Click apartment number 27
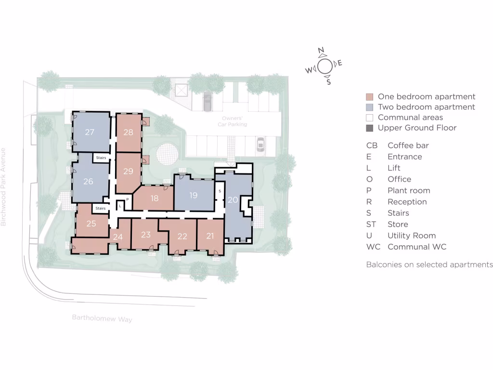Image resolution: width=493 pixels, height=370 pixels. click(x=90, y=132)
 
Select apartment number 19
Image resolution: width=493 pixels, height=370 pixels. click(x=193, y=196)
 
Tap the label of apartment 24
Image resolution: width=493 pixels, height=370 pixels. click(x=118, y=237)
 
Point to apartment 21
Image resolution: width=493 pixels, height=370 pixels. click(x=210, y=236)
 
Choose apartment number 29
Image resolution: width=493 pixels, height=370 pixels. click(x=128, y=171)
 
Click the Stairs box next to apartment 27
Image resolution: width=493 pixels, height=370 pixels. click(x=101, y=158)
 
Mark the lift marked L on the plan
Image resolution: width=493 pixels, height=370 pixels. click(x=120, y=206)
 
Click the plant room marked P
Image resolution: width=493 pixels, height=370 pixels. click(x=128, y=199)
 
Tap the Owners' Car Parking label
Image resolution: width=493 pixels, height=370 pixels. click(x=234, y=121)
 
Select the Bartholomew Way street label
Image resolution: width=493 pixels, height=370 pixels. click(x=102, y=318)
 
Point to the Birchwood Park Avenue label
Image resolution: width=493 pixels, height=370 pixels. click(x=3, y=187)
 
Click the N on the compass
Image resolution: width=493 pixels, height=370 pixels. click(x=321, y=51)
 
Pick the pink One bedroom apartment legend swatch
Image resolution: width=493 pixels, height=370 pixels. click(x=369, y=97)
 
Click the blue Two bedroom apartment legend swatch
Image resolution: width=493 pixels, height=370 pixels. click(x=369, y=107)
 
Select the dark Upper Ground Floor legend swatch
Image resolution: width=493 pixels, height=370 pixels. click(x=369, y=128)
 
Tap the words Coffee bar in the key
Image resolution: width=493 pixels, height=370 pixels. click(x=408, y=145)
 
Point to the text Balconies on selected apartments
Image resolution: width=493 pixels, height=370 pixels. click(x=429, y=264)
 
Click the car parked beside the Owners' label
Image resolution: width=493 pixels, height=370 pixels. click(x=208, y=101)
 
